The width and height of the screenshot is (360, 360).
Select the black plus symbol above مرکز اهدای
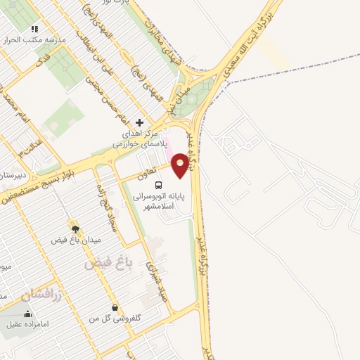(x=139, y=122)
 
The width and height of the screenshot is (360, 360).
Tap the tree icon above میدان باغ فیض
(x=75, y=228)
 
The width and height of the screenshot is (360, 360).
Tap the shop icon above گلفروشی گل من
(x=115, y=307)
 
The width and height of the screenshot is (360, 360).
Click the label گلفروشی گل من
(x=115, y=319)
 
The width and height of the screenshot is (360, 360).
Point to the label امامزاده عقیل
(x=30, y=325)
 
